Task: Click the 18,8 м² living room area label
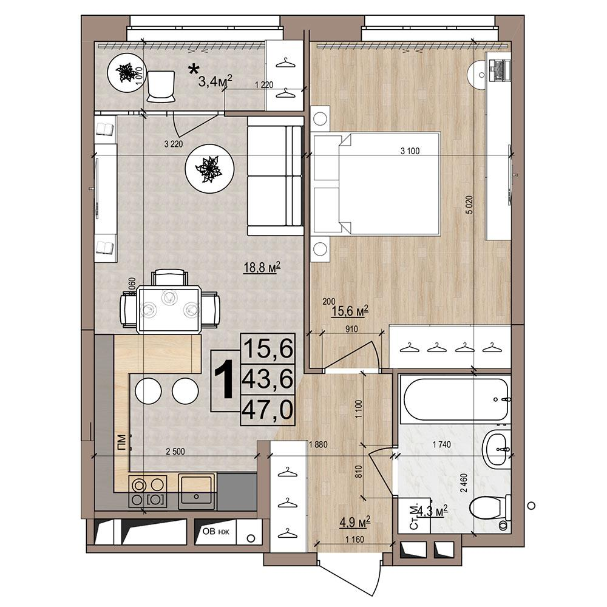[x=262, y=267]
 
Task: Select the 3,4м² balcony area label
[x=215, y=81]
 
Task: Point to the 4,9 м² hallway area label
[x=355, y=522]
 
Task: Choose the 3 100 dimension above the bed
[x=410, y=151]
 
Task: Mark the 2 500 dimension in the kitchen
[x=175, y=452]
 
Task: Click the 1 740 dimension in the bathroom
[x=442, y=445]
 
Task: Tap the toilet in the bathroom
[x=490, y=507]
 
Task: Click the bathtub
[x=455, y=399]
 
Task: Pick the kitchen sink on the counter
[x=197, y=491]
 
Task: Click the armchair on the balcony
[x=161, y=86]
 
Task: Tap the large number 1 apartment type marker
[x=224, y=379]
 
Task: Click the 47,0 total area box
[x=268, y=410]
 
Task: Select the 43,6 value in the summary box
[x=268, y=379]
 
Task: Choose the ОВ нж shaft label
[x=216, y=531]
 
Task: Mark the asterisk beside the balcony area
[x=194, y=70]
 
